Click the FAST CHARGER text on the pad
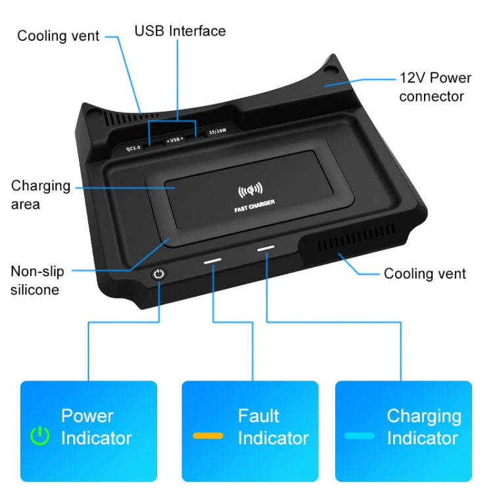[x=254, y=210]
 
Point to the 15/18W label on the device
[x=215, y=131]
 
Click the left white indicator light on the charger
[x=213, y=261]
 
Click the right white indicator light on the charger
[x=266, y=248]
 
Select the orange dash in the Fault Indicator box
[x=208, y=435]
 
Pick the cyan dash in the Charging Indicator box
[x=360, y=435]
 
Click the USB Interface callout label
[x=180, y=31]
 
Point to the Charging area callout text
[x=40, y=195]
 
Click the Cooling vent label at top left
[x=58, y=35]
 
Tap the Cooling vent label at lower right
[x=425, y=273]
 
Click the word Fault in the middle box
[x=258, y=415]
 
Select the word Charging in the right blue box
[x=423, y=415]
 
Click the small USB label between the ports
[x=174, y=139]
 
